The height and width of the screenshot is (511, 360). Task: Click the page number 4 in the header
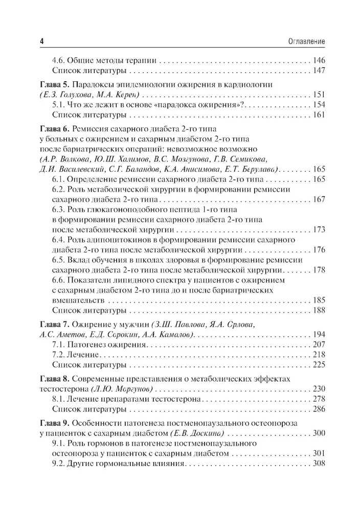[x=40, y=40]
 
